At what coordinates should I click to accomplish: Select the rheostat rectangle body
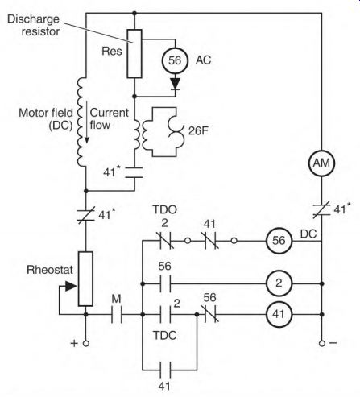(85, 279)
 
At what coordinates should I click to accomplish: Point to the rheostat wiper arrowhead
(71, 286)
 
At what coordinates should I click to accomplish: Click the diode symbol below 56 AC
(176, 84)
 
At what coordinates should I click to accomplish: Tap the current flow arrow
(86, 122)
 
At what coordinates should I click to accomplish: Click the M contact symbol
(117, 314)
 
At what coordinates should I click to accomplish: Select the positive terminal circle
(86, 343)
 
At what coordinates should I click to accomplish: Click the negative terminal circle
(322, 343)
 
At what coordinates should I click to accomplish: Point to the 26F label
(198, 130)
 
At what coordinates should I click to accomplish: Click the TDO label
(165, 209)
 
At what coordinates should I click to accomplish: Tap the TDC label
(165, 335)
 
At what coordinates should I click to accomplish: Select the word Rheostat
(50, 270)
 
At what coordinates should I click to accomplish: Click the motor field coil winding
(81, 122)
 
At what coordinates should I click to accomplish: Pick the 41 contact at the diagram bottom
(165, 370)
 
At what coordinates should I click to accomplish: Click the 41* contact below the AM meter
(321, 210)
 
